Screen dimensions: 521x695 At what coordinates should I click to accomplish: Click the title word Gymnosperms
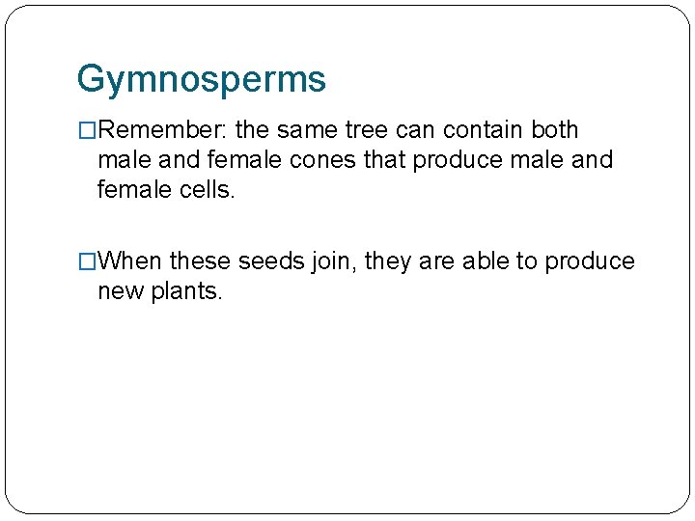(x=201, y=79)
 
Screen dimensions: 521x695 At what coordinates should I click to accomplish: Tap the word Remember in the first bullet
(x=154, y=130)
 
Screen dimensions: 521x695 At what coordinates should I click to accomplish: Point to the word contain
(x=485, y=130)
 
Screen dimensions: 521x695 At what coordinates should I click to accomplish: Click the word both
(x=554, y=130)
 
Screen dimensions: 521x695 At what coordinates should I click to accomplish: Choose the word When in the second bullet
(x=130, y=261)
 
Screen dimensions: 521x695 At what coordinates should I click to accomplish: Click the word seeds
(x=271, y=261)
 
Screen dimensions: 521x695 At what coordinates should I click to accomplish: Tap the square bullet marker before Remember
(x=87, y=130)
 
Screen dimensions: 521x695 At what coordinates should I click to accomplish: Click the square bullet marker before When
(x=87, y=261)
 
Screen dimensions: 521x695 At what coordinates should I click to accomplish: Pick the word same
(x=306, y=130)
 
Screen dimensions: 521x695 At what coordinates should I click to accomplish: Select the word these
(x=201, y=261)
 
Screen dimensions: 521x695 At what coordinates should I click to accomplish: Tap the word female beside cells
(x=131, y=189)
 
